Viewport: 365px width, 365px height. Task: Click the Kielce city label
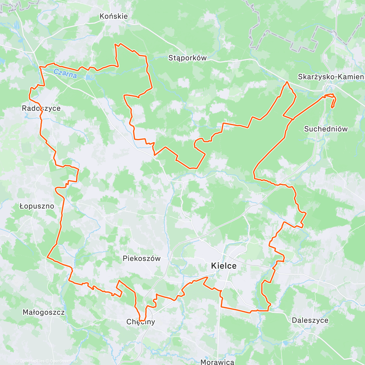pyautogui.click(x=224, y=266)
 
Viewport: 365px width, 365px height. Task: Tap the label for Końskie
pyautogui.click(x=113, y=16)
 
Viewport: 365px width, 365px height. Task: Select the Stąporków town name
pyautogui.click(x=187, y=58)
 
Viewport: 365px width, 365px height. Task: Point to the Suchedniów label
pyautogui.click(x=326, y=129)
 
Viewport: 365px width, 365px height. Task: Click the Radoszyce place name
pyautogui.click(x=41, y=108)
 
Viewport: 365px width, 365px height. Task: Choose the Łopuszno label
pyautogui.click(x=37, y=206)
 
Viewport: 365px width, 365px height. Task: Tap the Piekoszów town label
pyautogui.click(x=141, y=259)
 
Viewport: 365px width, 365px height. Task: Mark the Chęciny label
pyautogui.click(x=141, y=322)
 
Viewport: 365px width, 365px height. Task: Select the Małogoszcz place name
pyautogui.click(x=43, y=312)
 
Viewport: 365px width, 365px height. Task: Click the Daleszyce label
pyautogui.click(x=310, y=320)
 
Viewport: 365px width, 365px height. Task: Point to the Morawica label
pyautogui.click(x=217, y=362)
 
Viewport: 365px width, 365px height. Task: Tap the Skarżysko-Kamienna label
pyautogui.click(x=331, y=77)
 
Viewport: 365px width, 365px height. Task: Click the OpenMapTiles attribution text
pyautogui.click(x=30, y=361)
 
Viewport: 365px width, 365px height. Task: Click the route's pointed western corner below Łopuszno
pyautogui.click(x=47, y=257)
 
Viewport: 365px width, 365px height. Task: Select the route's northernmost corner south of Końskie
pyautogui.click(x=116, y=44)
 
